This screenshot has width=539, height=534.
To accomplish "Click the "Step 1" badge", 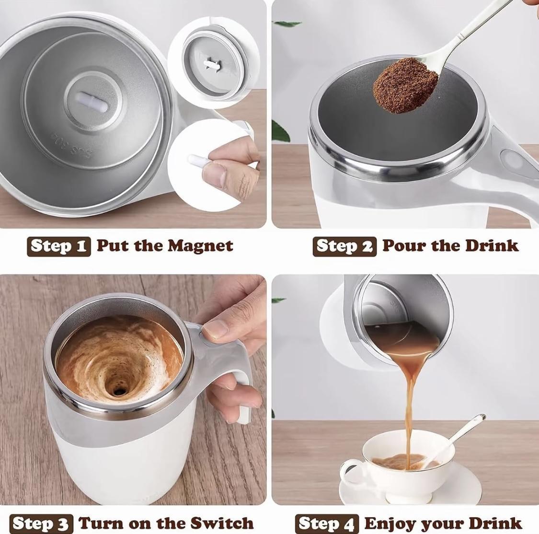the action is tap(59, 246).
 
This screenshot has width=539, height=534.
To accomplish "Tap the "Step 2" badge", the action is tap(344, 246).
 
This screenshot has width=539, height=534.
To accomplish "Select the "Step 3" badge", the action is tap(41, 523).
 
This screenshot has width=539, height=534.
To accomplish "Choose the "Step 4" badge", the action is tap(327, 523).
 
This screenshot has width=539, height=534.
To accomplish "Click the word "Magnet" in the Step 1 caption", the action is tap(201, 246).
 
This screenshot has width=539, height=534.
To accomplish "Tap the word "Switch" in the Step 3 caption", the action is tap(222, 523).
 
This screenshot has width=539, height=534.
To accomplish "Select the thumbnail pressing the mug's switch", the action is tap(215, 329).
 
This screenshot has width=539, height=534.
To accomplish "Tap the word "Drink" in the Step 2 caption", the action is tap(492, 246).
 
